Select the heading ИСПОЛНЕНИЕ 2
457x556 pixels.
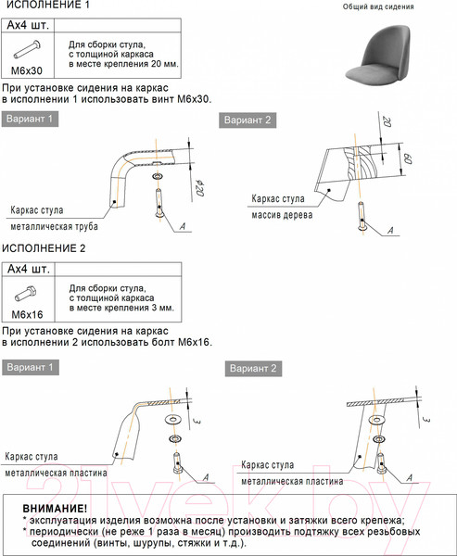(44, 248)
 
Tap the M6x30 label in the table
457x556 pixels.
(27, 70)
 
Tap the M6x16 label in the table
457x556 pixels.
(27, 314)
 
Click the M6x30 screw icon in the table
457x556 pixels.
(27, 50)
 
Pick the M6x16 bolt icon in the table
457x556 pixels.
(26, 294)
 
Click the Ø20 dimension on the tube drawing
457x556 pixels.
(199, 188)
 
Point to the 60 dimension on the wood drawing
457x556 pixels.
(408, 158)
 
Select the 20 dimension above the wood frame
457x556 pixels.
(387, 122)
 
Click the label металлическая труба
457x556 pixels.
(54, 226)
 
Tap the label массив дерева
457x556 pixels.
(282, 215)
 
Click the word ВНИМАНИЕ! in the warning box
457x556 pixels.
(55, 509)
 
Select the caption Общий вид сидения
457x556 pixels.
(378, 6)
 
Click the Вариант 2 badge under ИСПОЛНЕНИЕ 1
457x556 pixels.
(248, 120)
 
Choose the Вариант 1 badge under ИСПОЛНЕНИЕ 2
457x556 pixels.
(31, 367)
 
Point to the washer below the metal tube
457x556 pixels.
(158, 176)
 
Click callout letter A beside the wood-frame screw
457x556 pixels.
(390, 231)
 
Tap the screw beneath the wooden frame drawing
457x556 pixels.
(362, 216)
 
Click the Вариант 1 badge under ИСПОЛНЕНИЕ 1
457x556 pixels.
(30, 119)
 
